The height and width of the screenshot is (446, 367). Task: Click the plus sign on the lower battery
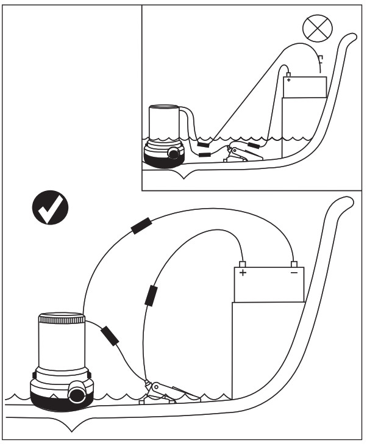[243, 273]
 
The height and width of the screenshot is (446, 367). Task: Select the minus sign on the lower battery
[294, 273]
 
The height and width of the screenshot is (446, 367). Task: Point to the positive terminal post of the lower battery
[242, 264]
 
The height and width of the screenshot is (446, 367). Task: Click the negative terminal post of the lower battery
[294, 264]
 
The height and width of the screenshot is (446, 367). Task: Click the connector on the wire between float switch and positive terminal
[151, 295]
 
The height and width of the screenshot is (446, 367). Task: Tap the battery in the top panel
[305, 87]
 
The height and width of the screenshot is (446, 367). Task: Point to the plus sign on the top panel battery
[288, 80]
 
